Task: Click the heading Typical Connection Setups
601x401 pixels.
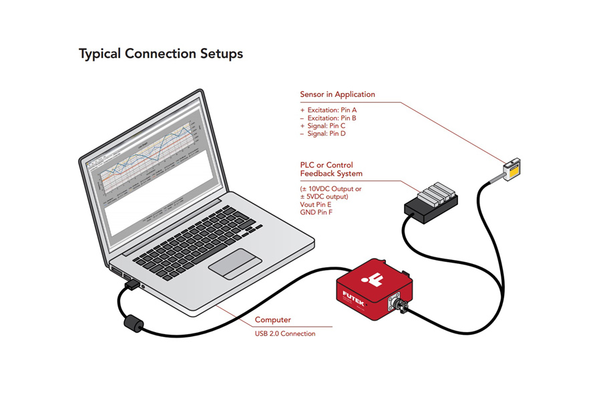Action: [160, 53]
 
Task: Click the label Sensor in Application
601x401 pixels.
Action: [337, 94]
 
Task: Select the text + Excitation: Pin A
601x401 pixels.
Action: [329, 110]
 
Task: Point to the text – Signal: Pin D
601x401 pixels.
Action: [323, 134]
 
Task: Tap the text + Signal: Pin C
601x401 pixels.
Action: [323, 126]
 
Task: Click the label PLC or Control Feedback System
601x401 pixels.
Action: [331, 169]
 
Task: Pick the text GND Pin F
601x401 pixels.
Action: [317, 213]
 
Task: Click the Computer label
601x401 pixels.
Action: [273, 320]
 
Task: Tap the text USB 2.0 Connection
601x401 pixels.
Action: [285, 333]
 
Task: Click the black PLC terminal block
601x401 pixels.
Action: [431, 200]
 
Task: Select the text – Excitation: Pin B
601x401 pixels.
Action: [329, 118]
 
